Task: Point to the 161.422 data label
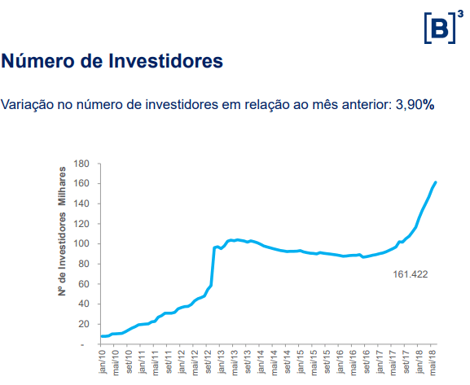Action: pyautogui.click(x=411, y=274)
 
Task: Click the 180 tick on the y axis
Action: pyautogui.click(x=81, y=164)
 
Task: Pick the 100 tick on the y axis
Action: pyautogui.click(x=81, y=244)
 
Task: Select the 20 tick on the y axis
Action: pyautogui.click(x=83, y=324)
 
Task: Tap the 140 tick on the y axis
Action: pyautogui.click(x=81, y=203)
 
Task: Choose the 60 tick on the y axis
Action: pyautogui.click(x=83, y=284)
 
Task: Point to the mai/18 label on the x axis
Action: pyautogui.click(x=431, y=365)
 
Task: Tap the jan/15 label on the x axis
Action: pyautogui.click(x=300, y=365)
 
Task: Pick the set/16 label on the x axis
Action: pyautogui.click(x=365, y=365)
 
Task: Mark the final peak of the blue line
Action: pyautogui.click(x=436, y=182)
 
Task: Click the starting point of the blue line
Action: pyautogui.click(x=101, y=336)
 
